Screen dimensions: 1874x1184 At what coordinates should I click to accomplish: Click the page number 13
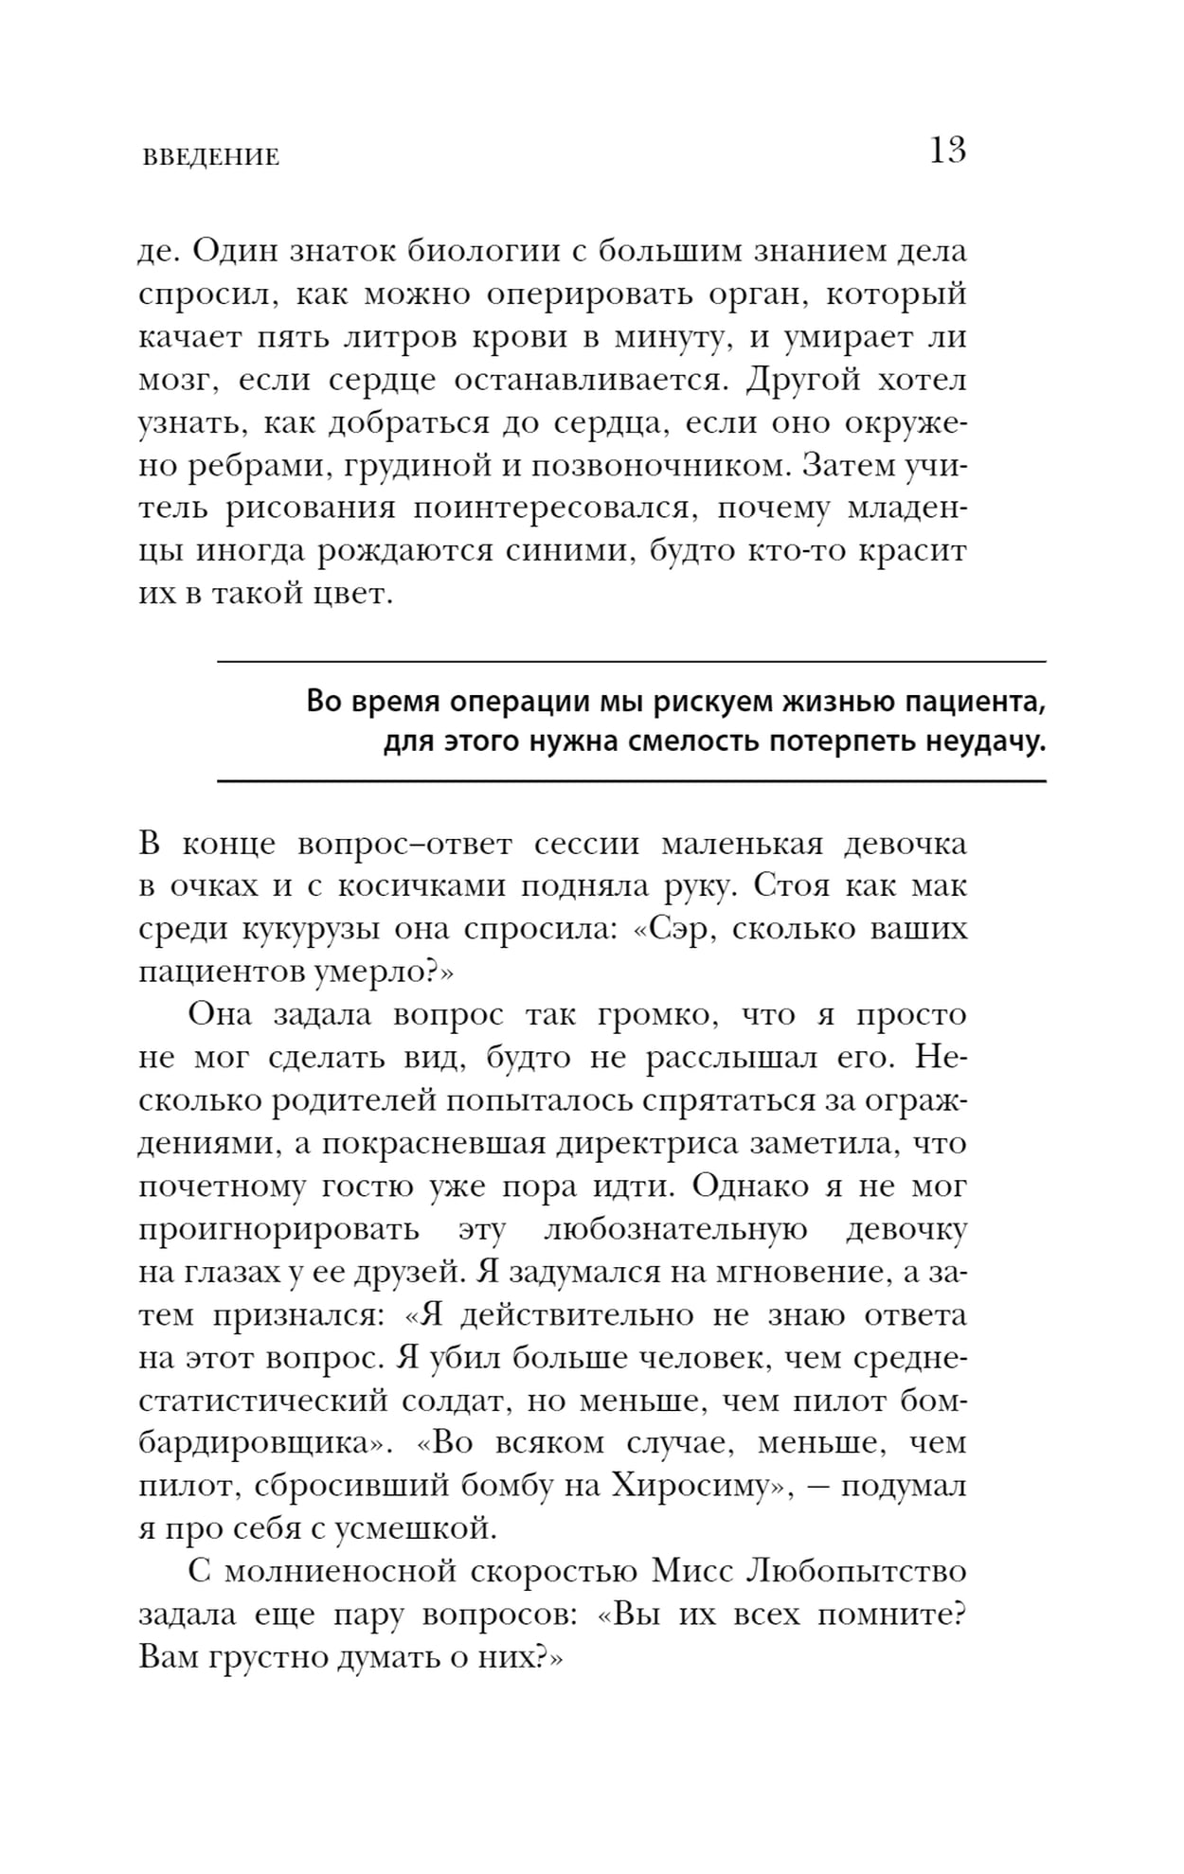[x=947, y=152]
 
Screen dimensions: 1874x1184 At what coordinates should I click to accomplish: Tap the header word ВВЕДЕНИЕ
[x=210, y=157]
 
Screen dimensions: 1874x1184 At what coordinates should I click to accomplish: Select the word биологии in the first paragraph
[x=482, y=252]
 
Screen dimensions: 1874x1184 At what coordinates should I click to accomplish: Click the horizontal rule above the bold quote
[x=631, y=661]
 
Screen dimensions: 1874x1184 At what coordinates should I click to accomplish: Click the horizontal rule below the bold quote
[x=631, y=781]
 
